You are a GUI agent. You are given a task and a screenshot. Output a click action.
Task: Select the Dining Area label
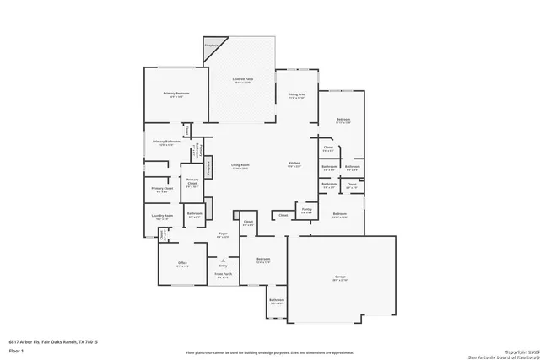[x=296, y=95]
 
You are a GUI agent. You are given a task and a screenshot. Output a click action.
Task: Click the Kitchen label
[x=295, y=164]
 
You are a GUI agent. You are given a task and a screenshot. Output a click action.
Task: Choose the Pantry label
[x=306, y=209]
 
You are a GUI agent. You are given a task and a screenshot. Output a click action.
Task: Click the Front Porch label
[x=223, y=275]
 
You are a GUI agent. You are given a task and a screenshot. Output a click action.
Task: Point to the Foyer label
[x=224, y=234]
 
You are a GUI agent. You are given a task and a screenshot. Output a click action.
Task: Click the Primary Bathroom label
[x=166, y=142]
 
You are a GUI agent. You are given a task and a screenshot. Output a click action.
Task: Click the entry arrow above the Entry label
[x=223, y=259]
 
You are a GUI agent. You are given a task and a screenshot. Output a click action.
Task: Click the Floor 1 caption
[x=15, y=349]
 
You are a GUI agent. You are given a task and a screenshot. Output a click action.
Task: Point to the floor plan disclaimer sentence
[x=269, y=349]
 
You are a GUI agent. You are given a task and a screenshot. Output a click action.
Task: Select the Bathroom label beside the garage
[x=277, y=300]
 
